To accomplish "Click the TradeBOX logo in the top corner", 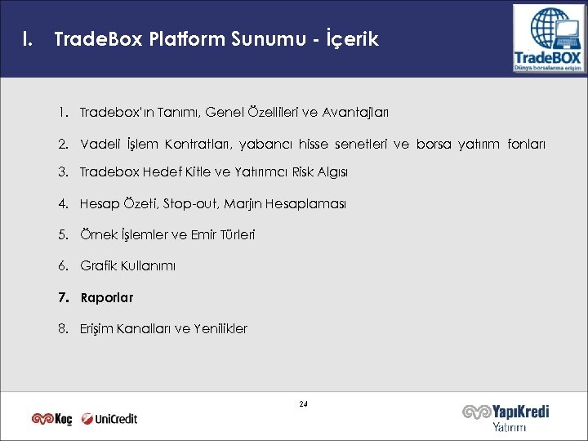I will pyautogui.click(x=547, y=38).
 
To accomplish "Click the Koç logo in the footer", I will pyautogui.click(x=52, y=419).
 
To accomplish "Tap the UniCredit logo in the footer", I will pyautogui.click(x=109, y=419).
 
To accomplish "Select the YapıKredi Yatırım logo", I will pyautogui.click(x=506, y=417).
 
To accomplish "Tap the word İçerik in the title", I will pyautogui.click(x=353, y=39).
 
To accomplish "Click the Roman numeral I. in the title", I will pyautogui.click(x=29, y=39).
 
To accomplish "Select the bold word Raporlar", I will pyautogui.click(x=107, y=298).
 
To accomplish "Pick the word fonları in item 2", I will pyautogui.click(x=527, y=145).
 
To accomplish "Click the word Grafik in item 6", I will pyautogui.click(x=97, y=266).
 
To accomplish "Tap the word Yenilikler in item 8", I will pyautogui.click(x=221, y=329).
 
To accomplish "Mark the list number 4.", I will pyautogui.click(x=63, y=203).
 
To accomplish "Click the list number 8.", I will pyautogui.click(x=63, y=329).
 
